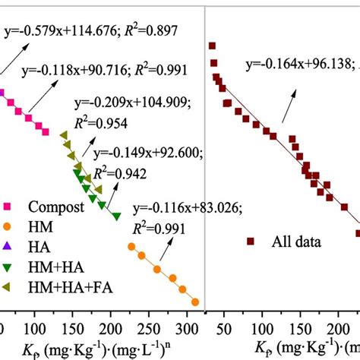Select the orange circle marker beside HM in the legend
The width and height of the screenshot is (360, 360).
(7, 226)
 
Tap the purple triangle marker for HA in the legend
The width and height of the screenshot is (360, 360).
(7, 245)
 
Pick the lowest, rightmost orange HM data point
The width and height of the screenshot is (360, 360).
(196, 302)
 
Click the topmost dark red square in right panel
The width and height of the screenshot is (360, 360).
(212, 46)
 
